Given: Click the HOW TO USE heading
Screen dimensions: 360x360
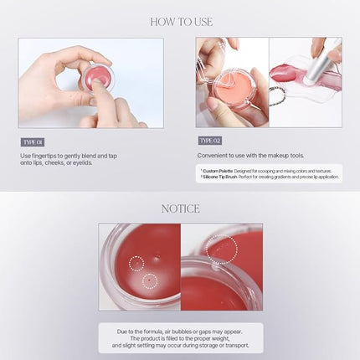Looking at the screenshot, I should (x=180, y=22).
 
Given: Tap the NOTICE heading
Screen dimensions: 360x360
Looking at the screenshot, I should (x=180, y=208).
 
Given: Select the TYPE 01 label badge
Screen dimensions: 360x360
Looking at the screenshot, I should (x=32, y=141).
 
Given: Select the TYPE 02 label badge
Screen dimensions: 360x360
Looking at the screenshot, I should (x=209, y=141).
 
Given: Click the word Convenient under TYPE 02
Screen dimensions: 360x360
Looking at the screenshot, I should (x=213, y=156).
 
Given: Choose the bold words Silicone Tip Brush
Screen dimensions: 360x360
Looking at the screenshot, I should (x=220, y=177).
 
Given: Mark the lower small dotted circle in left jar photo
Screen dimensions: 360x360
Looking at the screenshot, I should (x=150, y=281).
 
